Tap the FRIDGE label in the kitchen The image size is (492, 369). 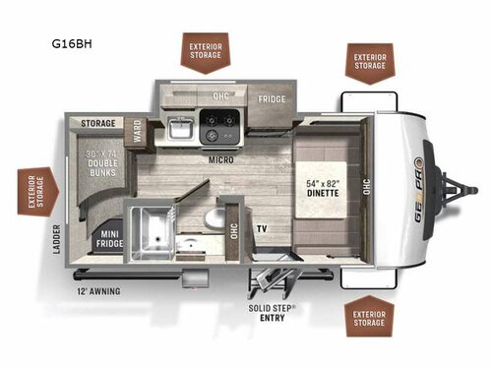pyautogui.click(x=272, y=99)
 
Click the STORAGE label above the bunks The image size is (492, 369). pyautogui.click(x=98, y=124)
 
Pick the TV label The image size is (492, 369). pyautogui.click(x=263, y=228)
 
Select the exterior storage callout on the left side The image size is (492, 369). pyautogui.click(x=36, y=189)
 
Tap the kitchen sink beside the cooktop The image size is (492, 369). pyautogui.click(x=178, y=128)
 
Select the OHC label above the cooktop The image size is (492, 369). pyautogui.click(x=220, y=95)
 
